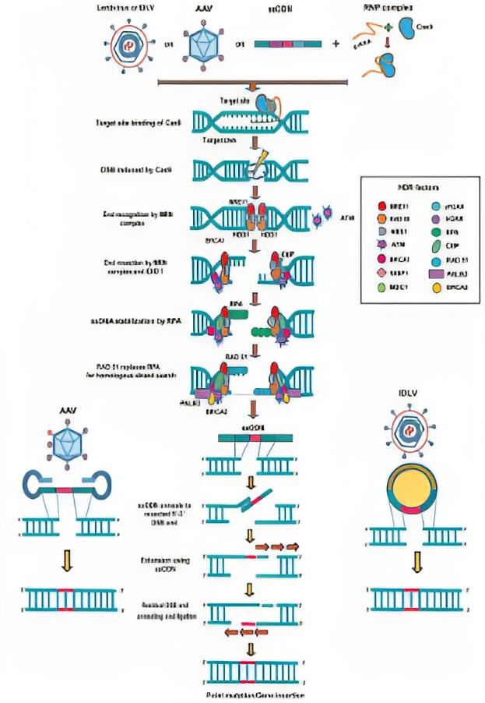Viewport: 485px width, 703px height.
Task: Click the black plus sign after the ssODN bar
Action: [336, 44]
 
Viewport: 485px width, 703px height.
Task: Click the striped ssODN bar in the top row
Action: [283, 44]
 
